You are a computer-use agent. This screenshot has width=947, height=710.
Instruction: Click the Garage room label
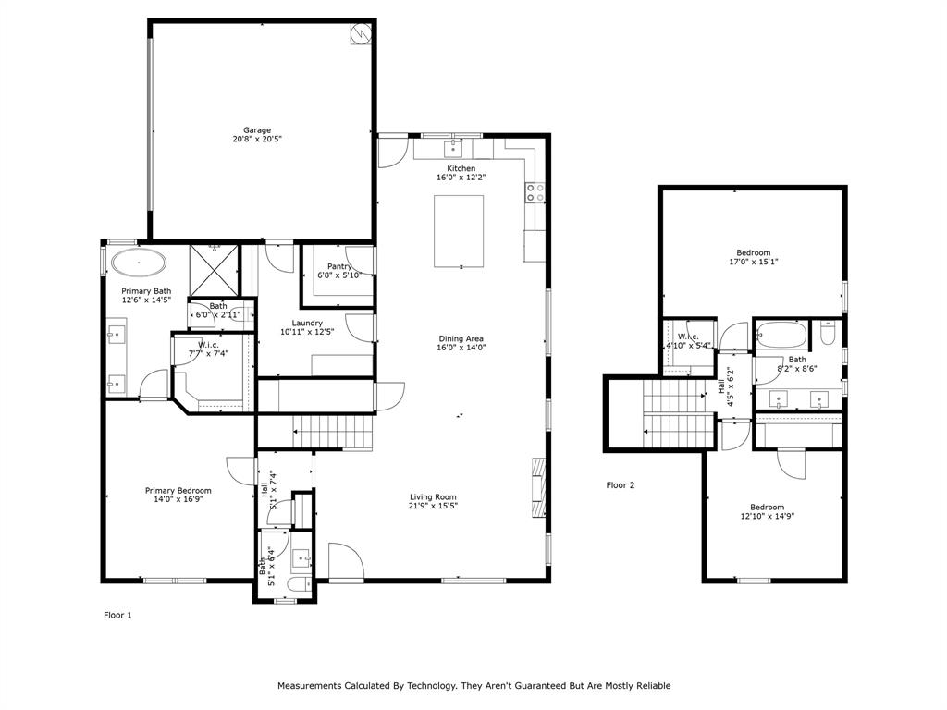pos(257,130)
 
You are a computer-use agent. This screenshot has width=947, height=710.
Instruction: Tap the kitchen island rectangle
pos(460,230)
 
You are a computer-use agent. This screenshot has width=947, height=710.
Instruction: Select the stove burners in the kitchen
pos(535,192)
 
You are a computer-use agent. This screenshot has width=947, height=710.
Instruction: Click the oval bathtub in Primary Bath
pos(140,263)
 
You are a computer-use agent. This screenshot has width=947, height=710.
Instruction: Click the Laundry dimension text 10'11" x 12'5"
pos(308,331)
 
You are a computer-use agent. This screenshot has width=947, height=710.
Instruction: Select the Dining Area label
pos(461,338)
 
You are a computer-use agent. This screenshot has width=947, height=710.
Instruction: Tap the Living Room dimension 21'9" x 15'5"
pos(433,506)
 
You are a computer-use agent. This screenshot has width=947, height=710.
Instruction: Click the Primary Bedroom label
pos(178,491)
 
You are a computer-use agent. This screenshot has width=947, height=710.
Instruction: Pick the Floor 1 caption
pos(117,615)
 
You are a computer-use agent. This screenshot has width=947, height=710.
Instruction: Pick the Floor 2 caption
pos(621,484)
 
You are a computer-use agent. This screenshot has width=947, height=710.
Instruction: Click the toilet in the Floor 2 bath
pos(829,329)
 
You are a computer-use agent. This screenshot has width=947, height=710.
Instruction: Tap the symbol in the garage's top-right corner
pos(360,33)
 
